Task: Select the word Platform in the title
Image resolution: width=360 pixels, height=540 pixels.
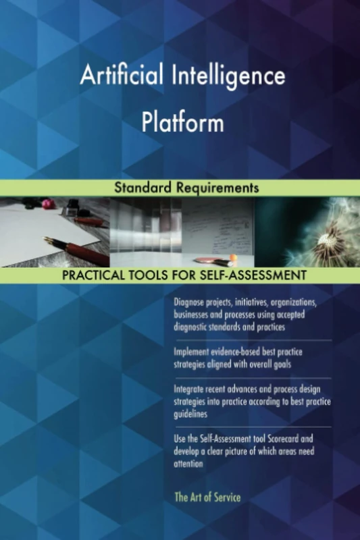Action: [x=182, y=124]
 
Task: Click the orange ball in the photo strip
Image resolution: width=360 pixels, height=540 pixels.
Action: [x=233, y=258]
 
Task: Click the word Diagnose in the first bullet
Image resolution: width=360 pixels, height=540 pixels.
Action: [x=191, y=301]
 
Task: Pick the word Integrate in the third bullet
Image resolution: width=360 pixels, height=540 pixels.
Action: [x=192, y=389]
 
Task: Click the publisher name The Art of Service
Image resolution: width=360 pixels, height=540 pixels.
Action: [x=207, y=497]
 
